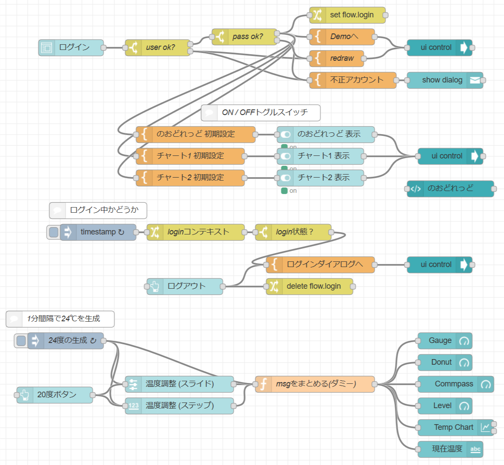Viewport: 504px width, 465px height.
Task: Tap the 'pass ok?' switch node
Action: [x=247, y=36]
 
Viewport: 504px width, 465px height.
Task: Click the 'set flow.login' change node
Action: [x=351, y=15]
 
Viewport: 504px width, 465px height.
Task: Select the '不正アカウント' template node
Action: [x=356, y=80]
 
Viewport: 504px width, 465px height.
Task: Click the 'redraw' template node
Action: [x=341, y=58]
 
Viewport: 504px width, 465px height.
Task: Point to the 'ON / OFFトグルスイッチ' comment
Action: [x=264, y=112]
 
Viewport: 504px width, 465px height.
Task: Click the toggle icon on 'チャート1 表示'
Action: [x=285, y=156]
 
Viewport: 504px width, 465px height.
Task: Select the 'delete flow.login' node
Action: [x=313, y=286]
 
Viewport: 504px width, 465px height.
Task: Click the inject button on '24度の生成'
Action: [x=21, y=340]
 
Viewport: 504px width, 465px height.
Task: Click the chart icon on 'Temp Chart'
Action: [x=485, y=427]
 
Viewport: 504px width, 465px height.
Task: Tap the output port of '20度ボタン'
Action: [x=92, y=395]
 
